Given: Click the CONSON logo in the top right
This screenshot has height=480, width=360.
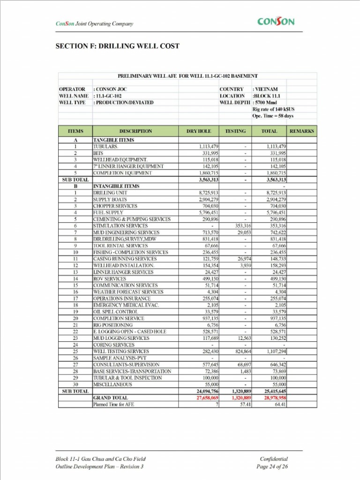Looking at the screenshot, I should (x=276, y=22).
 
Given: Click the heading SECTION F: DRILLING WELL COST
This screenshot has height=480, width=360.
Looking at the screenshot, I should (x=117, y=46).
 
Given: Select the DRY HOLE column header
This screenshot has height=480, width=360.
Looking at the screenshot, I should (x=199, y=131).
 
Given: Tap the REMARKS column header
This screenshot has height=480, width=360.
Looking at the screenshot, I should (x=301, y=131).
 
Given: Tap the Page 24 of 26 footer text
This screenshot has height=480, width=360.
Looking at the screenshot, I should (x=272, y=466).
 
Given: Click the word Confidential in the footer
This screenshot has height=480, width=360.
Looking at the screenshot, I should (x=274, y=459).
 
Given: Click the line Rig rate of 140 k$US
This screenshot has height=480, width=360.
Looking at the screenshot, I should (x=273, y=109).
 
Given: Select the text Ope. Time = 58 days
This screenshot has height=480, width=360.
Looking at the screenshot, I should (x=273, y=116).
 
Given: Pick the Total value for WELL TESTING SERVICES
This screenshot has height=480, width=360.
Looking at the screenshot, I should (x=275, y=351).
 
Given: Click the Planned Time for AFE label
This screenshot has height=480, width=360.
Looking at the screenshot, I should (x=113, y=404).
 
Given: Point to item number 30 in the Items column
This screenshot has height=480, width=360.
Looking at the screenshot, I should (x=75, y=384).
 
